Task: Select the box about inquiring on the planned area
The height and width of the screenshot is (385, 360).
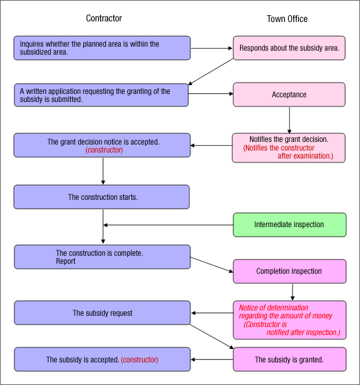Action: click(102, 48)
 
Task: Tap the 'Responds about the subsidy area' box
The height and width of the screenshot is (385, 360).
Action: click(289, 48)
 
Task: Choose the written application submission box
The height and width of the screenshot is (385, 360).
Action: click(102, 95)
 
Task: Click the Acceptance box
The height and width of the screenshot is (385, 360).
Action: click(289, 95)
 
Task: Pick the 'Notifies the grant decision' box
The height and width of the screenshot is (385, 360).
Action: click(289, 147)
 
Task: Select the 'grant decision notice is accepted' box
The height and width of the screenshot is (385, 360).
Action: click(102, 146)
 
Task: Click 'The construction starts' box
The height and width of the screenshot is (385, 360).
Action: click(102, 197)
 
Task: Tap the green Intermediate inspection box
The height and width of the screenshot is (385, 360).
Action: click(289, 224)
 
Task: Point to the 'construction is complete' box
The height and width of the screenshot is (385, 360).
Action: click(102, 257)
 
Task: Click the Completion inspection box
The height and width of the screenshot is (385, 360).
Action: click(289, 271)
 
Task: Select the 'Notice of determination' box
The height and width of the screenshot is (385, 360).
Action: click(289, 319)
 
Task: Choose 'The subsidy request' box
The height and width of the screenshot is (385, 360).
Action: click(102, 313)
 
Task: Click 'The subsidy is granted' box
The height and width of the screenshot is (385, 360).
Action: click(289, 360)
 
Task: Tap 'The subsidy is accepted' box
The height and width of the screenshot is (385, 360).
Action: click(102, 360)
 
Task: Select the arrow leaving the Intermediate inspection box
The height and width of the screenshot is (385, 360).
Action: click(167, 224)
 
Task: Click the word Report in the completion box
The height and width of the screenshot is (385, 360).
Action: click(65, 262)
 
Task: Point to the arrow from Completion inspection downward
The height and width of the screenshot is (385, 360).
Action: click(292, 291)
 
